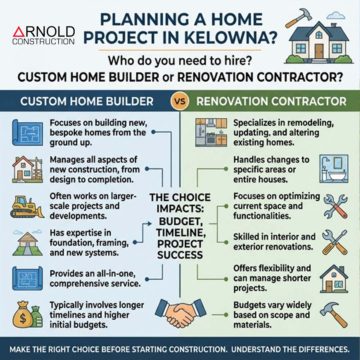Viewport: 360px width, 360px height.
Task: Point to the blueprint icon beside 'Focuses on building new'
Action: pyautogui.click(x=23, y=131)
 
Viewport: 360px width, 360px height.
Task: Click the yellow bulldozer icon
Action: pyautogui.click(x=23, y=205)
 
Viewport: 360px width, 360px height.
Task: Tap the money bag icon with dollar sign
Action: pyautogui.click(x=22, y=313)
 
